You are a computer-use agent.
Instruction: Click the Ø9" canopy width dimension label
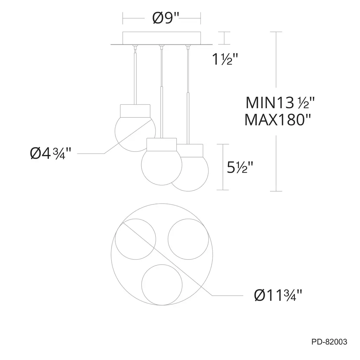[x=166, y=18]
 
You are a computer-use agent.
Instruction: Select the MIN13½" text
[x=280, y=103]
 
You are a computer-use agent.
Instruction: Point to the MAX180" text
[x=278, y=120]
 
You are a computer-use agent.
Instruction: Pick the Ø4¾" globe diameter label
[x=51, y=153]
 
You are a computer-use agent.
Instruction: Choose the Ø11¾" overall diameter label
[x=278, y=295]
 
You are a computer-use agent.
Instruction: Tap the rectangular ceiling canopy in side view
[x=162, y=38]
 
